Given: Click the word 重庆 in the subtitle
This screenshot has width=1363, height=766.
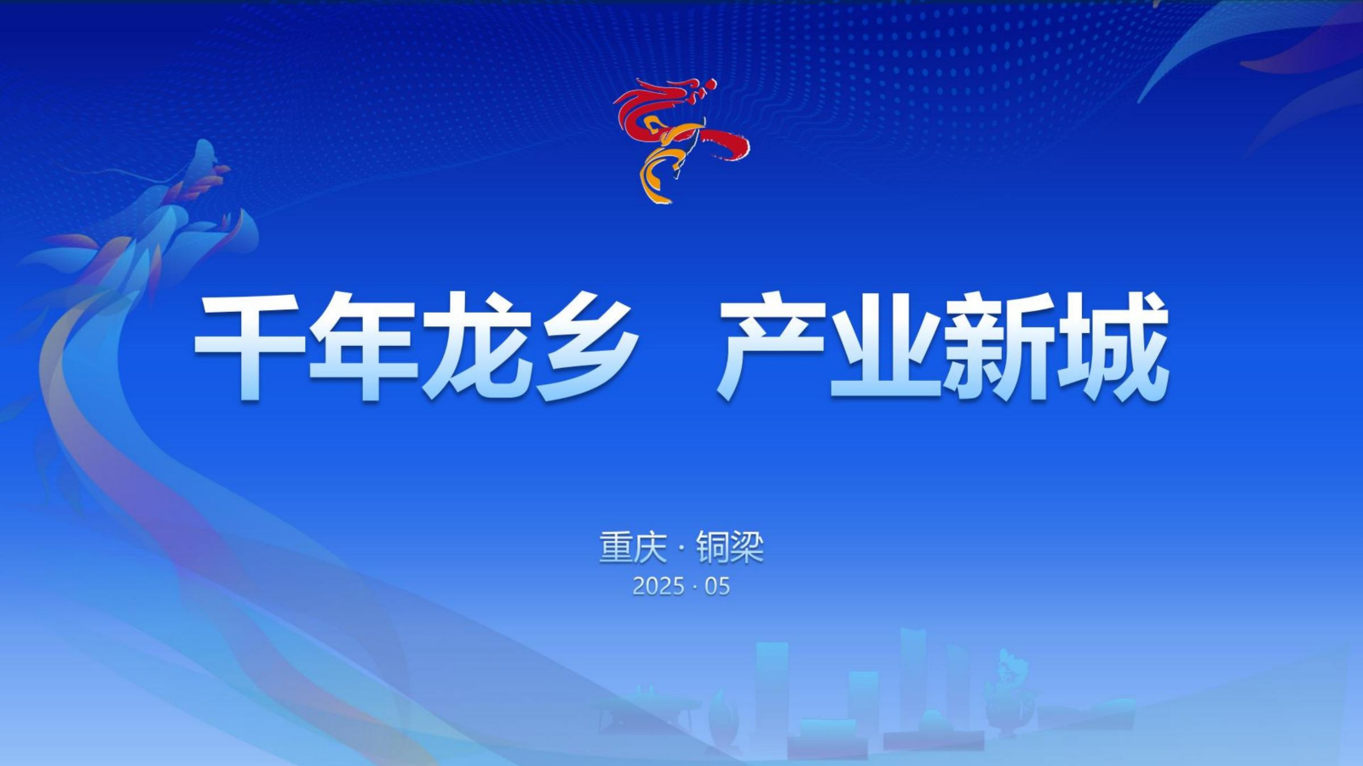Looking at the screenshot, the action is pos(632,548).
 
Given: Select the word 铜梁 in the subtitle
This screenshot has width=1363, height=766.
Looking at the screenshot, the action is pos(730,548).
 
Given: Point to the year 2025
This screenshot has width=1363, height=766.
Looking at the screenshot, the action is pos(658,586).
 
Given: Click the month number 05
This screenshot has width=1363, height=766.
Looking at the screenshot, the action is pos(717,586).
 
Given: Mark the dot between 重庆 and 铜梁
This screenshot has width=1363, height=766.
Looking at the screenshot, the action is pos(681,549).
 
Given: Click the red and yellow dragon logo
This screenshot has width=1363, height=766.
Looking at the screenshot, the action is pos(681,140).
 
